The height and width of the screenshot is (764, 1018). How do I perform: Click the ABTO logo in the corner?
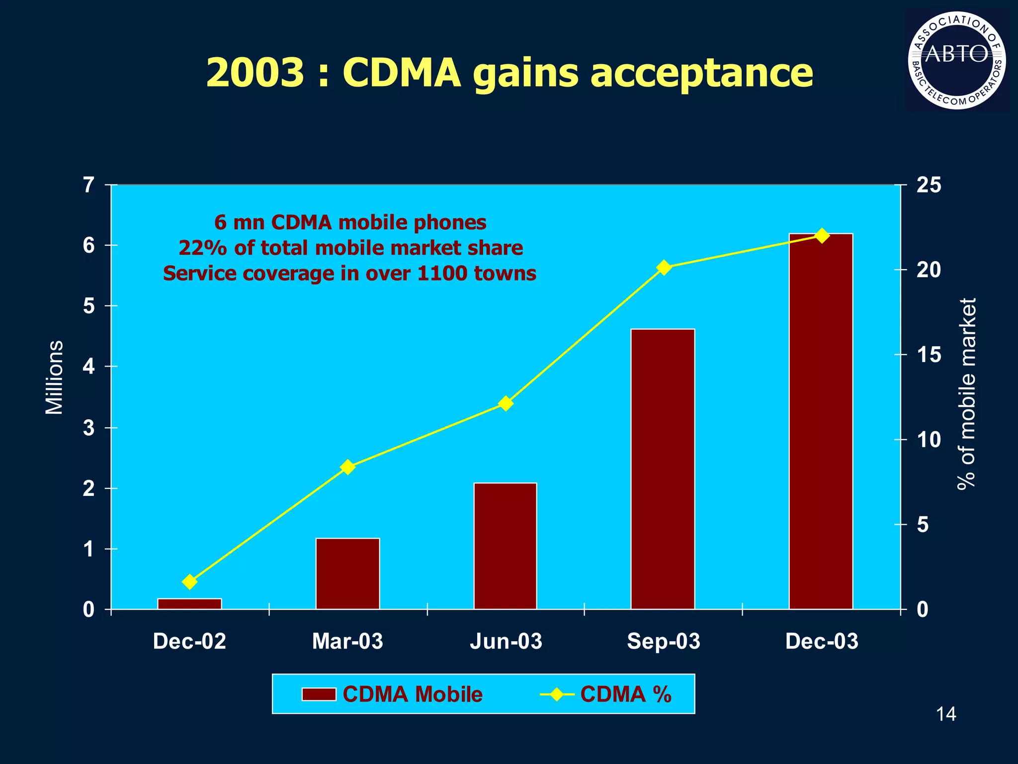(x=956, y=61)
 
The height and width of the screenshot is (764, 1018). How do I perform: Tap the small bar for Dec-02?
(x=189, y=603)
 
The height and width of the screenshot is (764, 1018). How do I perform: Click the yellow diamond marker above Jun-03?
(x=506, y=403)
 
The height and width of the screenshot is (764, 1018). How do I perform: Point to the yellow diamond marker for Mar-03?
(x=347, y=468)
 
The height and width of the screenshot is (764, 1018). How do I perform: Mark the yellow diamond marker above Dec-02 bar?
(x=189, y=581)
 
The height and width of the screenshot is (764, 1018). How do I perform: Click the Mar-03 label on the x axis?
(x=347, y=642)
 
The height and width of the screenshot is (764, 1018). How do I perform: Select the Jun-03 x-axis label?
(x=506, y=642)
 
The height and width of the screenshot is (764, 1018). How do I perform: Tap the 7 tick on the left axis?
(x=89, y=186)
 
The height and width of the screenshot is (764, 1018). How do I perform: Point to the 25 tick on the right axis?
(x=928, y=185)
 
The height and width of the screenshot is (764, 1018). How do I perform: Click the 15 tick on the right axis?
(x=928, y=355)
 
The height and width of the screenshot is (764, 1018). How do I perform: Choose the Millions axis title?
(x=54, y=378)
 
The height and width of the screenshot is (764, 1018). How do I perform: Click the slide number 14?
(x=945, y=715)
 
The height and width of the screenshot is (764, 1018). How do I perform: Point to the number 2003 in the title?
(x=254, y=73)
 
